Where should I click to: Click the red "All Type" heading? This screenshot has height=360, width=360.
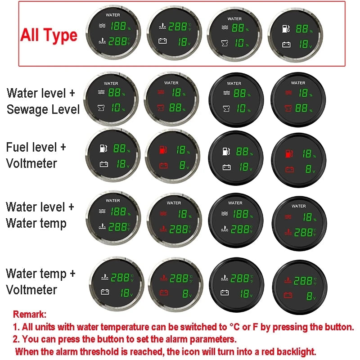click(x=49, y=36)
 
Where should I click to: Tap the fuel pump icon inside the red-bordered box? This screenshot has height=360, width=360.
click(x=286, y=29)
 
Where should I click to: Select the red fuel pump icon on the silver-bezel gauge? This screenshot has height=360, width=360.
click(x=163, y=150)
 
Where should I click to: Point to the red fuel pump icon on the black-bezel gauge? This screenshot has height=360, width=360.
click(x=289, y=153)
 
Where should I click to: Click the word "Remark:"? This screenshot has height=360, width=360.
click(x=30, y=314)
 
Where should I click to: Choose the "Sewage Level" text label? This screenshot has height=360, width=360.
click(x=43, y=109)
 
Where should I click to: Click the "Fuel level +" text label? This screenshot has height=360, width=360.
click(x=36, y=147)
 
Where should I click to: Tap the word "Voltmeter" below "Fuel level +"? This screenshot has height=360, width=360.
click(x=31, y=163)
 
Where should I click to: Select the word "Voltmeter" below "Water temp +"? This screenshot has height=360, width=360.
click(x=31, y=290)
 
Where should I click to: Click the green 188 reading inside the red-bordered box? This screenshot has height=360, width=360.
click(x=118, y=26)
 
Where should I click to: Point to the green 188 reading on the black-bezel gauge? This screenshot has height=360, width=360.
click(x=241, y=214)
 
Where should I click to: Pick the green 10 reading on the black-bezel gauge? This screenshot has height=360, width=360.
click(x=241, y=108)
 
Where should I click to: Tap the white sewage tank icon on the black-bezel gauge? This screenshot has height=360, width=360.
click(x=226, y=108)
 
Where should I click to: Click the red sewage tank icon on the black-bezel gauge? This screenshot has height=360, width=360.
click(x=288, y=108)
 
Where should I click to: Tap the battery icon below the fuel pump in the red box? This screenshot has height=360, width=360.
click(x=286, y=45)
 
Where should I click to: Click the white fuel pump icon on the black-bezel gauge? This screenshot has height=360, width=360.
click(x=226, y=151)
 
